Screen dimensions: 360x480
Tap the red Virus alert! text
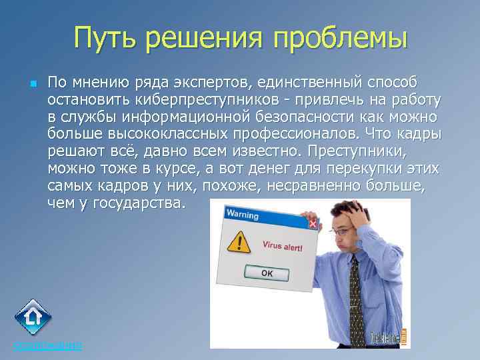(x=281, y=246)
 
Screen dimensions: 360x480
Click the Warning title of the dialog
(x=241, y=214)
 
